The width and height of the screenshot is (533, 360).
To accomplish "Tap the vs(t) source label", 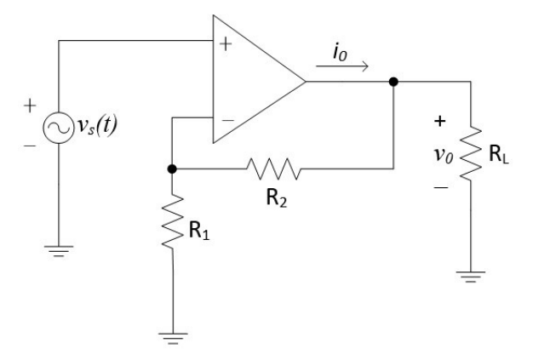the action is [98, 126].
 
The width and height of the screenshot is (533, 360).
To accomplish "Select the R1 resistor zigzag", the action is [172, 221].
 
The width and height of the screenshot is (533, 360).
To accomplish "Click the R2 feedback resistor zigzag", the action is [273, 169].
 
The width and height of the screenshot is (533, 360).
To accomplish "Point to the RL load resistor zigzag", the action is [471, 153].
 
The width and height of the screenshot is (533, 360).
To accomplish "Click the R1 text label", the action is [199, 230].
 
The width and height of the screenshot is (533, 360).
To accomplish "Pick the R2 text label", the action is [277, 197].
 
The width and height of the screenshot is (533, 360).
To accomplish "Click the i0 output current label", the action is [340, 53].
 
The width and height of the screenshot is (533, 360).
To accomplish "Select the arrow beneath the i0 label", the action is [342, 66].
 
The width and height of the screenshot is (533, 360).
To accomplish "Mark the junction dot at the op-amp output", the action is [393, 82].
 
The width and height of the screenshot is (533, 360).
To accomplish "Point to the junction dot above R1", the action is [172, 169].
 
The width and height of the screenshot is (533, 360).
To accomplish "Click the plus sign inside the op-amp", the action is [226, 44].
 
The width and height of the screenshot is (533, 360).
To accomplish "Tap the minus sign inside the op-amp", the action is [228, 120].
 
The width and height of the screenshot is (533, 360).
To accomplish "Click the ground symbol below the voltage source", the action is [59, 251].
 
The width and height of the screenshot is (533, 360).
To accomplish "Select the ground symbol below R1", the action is [173, 339].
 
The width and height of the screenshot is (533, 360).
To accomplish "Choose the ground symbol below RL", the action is [471, 277].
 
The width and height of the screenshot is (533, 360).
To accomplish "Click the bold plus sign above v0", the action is [440, 121].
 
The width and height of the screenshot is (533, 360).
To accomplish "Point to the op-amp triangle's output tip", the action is [306, 82].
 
